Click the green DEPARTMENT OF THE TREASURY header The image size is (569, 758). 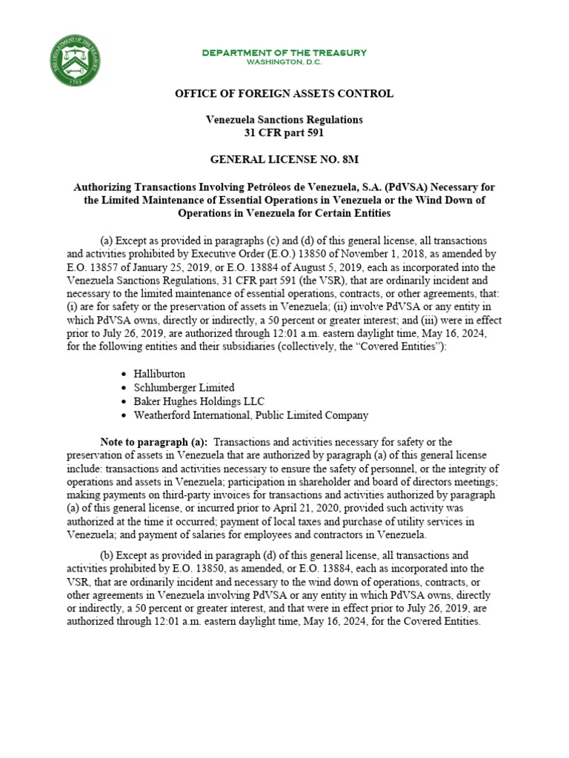pos(284,53)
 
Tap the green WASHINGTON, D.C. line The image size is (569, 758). pos(284,62)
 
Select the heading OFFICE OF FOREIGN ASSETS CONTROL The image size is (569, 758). pos(284,93)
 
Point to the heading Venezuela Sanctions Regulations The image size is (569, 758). pos(284,119)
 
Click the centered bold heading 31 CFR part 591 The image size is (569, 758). pos(284,133)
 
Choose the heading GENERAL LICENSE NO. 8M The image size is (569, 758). pos(284,159)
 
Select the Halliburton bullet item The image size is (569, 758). pos(160,375)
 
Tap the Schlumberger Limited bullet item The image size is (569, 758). pos(184,388)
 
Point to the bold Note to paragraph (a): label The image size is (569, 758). pos(153,442)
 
